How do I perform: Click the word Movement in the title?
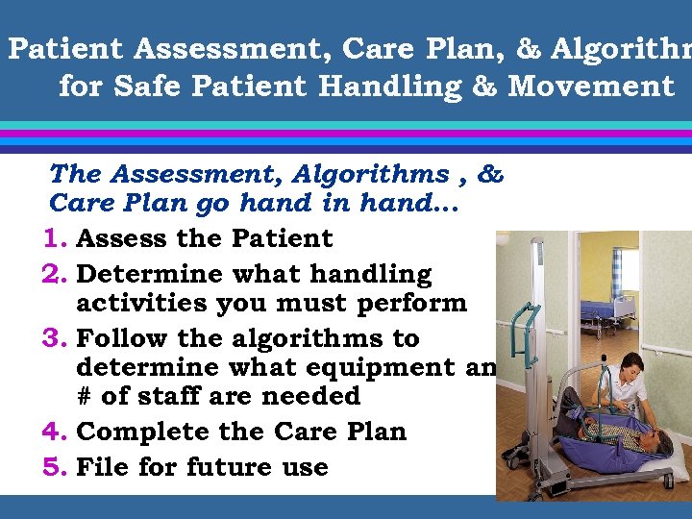point(591,86)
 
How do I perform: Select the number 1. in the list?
point(58,238)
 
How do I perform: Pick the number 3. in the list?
point(58,338)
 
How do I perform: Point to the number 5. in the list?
point(58,467)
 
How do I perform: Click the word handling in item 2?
point(370,274)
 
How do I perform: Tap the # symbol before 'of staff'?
point(85,396)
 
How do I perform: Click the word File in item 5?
point(104,467)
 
